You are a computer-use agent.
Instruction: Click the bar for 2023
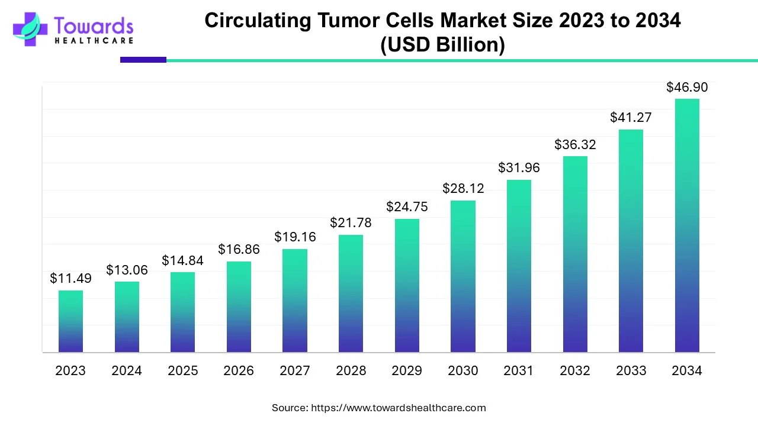tap(70, 321)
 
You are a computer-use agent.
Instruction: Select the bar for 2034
tap(687, 225)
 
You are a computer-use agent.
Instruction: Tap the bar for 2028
tap(351, 293)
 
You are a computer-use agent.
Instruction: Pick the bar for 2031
tap(519, 266)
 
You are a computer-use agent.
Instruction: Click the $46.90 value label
tap(687, 88)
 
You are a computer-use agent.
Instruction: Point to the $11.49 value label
tap(70, 278)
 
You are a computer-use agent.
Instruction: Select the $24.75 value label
tap(407, 207)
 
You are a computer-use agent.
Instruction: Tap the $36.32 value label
tap(575, 144)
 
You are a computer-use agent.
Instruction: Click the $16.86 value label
tap(239, 250)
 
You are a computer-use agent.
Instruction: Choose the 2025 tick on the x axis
tap(182, 371)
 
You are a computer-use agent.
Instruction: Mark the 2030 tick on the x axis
tap(463, 371)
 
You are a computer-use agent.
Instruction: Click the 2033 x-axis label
tap(631, 371)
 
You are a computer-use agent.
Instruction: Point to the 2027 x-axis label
tap(294, 371)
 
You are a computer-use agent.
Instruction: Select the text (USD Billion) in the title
tap(442, 45)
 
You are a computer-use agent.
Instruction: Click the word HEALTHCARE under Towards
tap(94, 41)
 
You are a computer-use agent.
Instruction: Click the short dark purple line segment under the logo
tap(143, 60)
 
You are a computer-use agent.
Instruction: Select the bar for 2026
tap(239, 307)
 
